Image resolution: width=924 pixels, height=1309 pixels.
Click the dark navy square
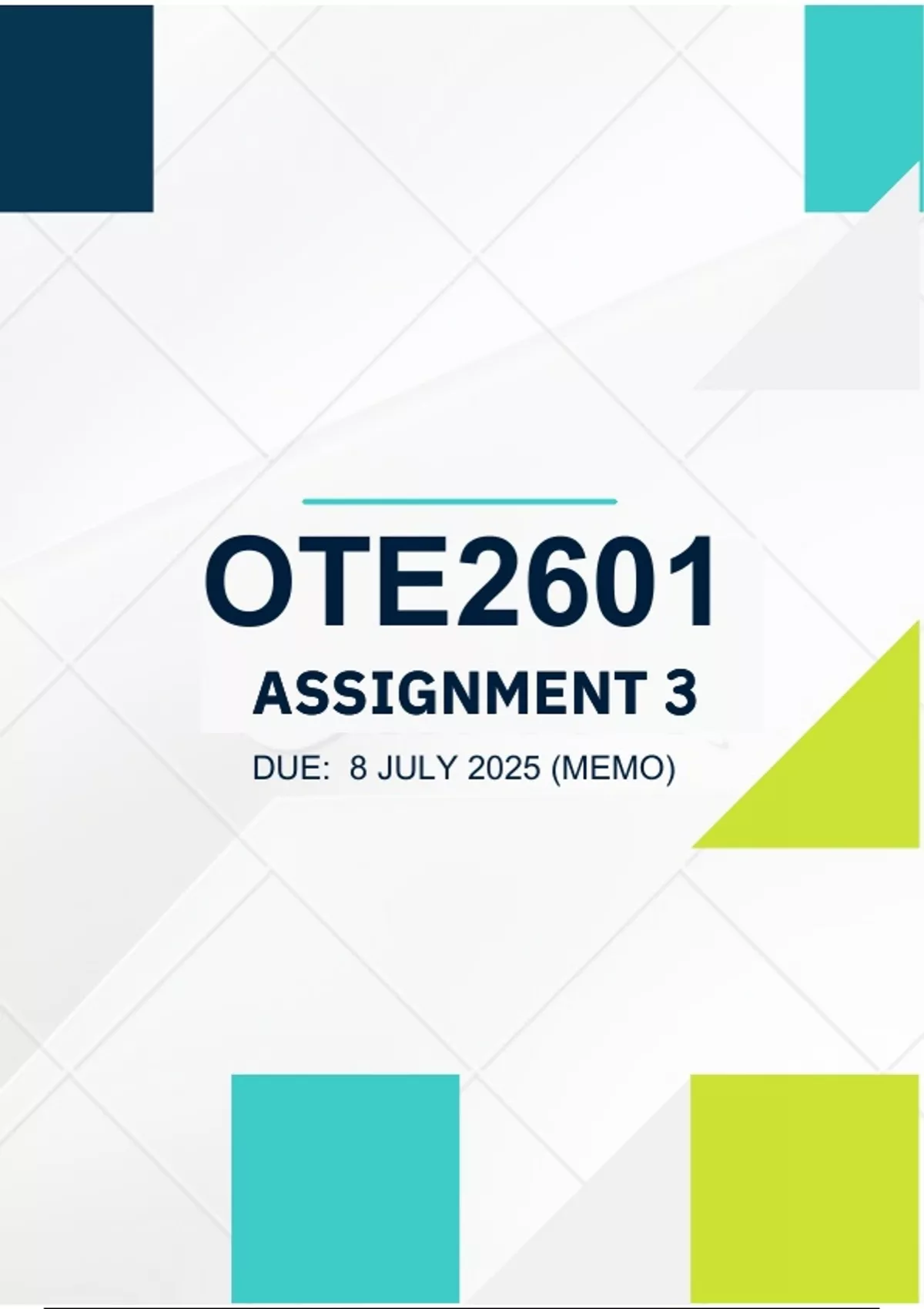click(x=76, y=108)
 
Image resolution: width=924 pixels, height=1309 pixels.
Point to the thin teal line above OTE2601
click(x=460, y=501)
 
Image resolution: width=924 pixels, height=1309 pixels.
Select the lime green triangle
click(x=842, y=772)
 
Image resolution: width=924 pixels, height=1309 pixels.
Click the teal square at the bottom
click(x=346, y=1188)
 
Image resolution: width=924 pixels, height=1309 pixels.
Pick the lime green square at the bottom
click(x=805, y=1188)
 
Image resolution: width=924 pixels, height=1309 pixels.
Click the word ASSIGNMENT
click(x=450, y=694)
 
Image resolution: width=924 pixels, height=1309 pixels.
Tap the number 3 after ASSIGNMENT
click(x=680, y=694)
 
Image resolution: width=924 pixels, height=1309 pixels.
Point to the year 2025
click(x=504, y=768)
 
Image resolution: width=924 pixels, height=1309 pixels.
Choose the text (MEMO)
click(x=613, y=768)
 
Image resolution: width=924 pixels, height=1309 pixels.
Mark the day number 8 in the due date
click(x=358, y=768)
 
